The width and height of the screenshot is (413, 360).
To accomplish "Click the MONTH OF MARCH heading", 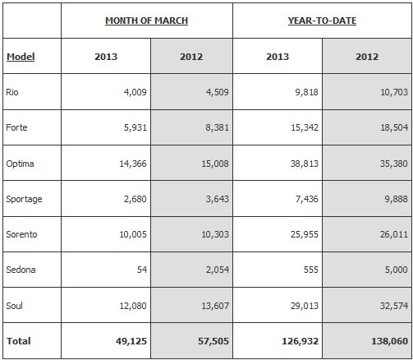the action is pyautogui.click(x=146, y=21).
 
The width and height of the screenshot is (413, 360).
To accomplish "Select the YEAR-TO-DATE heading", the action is pyautogui.click(x=322, y=21).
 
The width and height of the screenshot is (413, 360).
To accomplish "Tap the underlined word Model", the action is pyautogui.click(x=21, y=57).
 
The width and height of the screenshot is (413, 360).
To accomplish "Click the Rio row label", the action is pyautogui.click(x=12, y=92).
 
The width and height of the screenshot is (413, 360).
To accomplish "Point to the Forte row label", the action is pyautogui.click(x=16, y=127).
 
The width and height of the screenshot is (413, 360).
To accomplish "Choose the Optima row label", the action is pyautogui.click(x=20, y=164).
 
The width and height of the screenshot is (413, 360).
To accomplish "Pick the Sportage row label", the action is pyautogui.click(x=24, y=199).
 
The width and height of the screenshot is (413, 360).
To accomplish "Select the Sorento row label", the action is pyautogui.click(x=21, y=234).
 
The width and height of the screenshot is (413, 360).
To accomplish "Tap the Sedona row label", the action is pyautogui.click(x=21, y=270).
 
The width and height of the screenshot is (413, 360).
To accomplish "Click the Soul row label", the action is pyautogui.click(x=14, y=306).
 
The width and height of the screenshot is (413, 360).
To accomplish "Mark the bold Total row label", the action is pyautogui.click(x=19, y=341).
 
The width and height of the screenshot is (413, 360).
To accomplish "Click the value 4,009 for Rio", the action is pyautogui.click(x=135, y=92).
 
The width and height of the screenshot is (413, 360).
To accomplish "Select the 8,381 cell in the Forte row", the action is pyautogui.click(x=217, y=127).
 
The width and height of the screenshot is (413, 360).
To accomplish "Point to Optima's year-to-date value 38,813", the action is pyautogui.click(x=305, y=164).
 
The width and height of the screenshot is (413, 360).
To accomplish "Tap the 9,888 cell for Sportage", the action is pyautogui.click(x=396, y=199).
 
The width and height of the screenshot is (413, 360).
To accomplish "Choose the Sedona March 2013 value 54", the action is pyautogui.click(x=142, y=270).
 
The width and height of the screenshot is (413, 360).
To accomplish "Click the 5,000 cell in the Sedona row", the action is pyautogui.click(x=396, y=270).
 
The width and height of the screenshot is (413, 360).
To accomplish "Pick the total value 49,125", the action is pyautogui.click(x=131, y=341).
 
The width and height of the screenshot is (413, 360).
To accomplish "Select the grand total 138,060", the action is pyautogui.click(x=389, y=341).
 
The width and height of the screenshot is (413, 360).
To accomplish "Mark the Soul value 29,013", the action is pyautogui.click(x=305, y=306).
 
